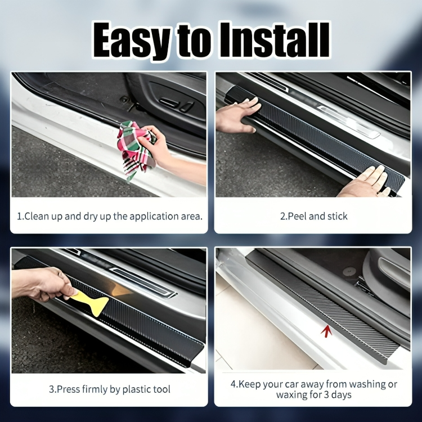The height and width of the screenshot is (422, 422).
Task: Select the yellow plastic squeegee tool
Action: [93, 302]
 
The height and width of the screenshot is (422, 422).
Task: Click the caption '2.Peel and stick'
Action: [313, 216]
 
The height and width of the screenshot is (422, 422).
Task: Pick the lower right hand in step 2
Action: [366, 183]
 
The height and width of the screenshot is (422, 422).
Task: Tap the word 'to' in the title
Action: [194, 41]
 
